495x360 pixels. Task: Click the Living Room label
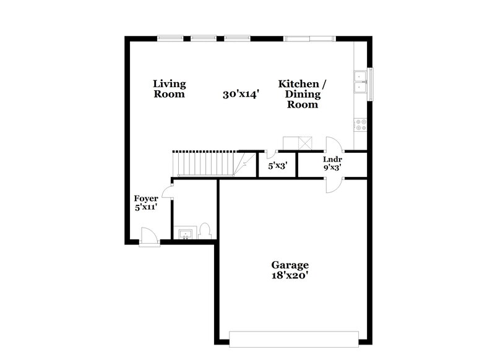point(169,89)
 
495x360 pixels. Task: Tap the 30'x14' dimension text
point(240,95)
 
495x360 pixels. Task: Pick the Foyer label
point(146,199)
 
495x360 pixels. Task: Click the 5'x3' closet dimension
point(277,166)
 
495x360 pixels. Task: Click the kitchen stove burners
point(360,124)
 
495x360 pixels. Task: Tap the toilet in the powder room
point(206,231)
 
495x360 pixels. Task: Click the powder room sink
point(184,234)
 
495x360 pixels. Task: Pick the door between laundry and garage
point(333,185)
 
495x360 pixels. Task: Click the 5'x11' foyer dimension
point(146,208)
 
